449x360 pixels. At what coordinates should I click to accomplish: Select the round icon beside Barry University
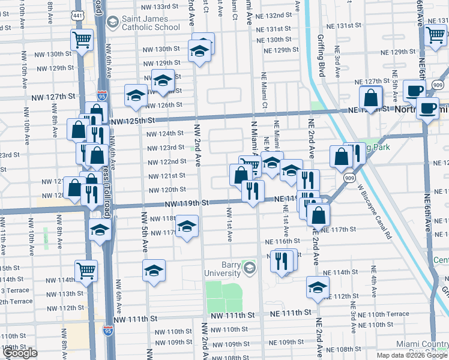click(249, 266)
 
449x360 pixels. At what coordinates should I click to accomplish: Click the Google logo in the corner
click(19, 353)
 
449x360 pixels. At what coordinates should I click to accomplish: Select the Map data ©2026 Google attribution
click(411, 355)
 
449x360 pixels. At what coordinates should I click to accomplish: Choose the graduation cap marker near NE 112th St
click(318, 287)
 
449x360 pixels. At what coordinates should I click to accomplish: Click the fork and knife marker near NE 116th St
click(280, 260)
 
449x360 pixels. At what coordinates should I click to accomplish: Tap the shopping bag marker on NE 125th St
click(371, 97)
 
